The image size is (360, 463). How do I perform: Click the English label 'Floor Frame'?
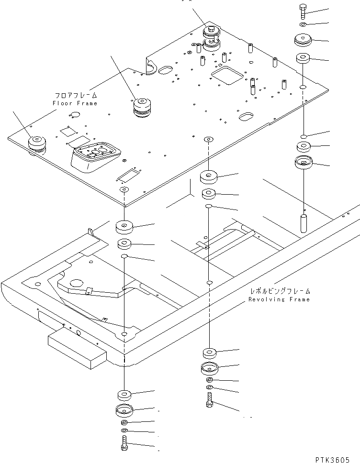(75, 103)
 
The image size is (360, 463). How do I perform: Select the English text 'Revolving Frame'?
(279, 299)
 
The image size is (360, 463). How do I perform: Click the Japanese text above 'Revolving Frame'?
(279, 291)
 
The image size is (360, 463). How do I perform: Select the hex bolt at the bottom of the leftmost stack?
(124, 443)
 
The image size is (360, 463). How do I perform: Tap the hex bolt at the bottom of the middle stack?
(210, 400)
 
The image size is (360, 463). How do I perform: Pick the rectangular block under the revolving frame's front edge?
(77, 348)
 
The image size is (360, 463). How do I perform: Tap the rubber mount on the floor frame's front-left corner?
(37, 143)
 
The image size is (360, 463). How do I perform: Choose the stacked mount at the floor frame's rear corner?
(210, 38)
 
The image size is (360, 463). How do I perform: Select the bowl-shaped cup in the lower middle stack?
(209, 370)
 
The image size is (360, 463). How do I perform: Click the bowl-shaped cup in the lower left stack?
(124, 410)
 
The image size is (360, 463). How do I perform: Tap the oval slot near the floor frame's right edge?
(247, 116)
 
